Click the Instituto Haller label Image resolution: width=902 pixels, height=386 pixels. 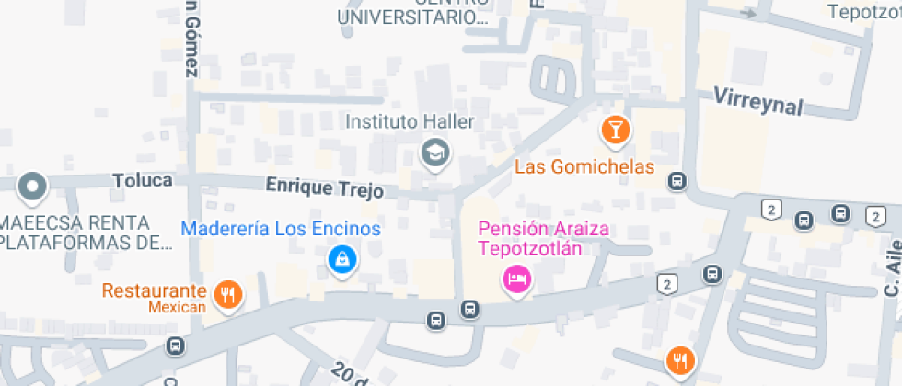click(x=409, y=121)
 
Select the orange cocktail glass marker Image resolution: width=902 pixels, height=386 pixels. click(x=616, y=130)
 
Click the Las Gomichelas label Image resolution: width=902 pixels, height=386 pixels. click(x=584, y=167)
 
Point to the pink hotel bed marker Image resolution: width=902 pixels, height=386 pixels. click(x=516, y=278)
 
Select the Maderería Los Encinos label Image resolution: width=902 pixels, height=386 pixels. click(x=281, y=228)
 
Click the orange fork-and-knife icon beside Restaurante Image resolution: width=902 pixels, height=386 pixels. click(x=226, y=294)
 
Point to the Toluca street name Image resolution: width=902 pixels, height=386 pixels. click(x=143, y=180)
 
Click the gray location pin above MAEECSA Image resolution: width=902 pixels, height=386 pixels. click(x=33, y=187)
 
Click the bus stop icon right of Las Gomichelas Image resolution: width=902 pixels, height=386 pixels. click(x=677, y=181)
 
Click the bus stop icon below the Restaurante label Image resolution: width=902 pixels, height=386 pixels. click(x=175, y=346)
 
